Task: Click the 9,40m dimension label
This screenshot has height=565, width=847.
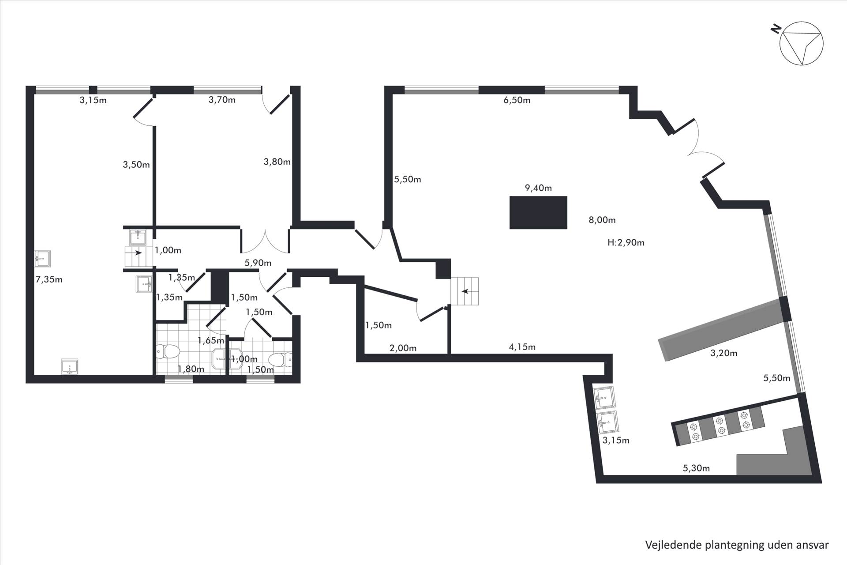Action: [538, 188]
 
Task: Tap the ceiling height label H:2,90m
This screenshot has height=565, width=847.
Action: [626, 242]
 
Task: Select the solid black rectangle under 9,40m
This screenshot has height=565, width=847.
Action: [538, 213]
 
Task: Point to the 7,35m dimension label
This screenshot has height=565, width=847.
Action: [49, 279]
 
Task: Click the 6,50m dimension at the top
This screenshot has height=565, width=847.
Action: [517, 100]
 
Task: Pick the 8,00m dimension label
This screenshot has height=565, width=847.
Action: [602, 220]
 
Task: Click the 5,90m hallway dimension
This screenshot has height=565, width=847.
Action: [258, 263]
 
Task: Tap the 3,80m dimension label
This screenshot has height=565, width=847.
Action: [277, 162]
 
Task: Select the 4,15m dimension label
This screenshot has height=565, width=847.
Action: [522, 347]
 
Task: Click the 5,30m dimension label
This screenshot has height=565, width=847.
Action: [696, 468]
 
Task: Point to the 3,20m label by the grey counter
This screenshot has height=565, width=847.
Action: [724, 353]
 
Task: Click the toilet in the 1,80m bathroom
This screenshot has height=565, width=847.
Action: [168, 352]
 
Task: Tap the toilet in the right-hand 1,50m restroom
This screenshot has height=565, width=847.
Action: [281, 360]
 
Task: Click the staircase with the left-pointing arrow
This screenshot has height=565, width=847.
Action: [464, 291]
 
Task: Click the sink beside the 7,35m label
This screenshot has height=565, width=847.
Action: [43, 259]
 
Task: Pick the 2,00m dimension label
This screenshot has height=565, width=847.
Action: [403, 348]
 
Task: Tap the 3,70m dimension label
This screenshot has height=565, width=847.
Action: [222, 100]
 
